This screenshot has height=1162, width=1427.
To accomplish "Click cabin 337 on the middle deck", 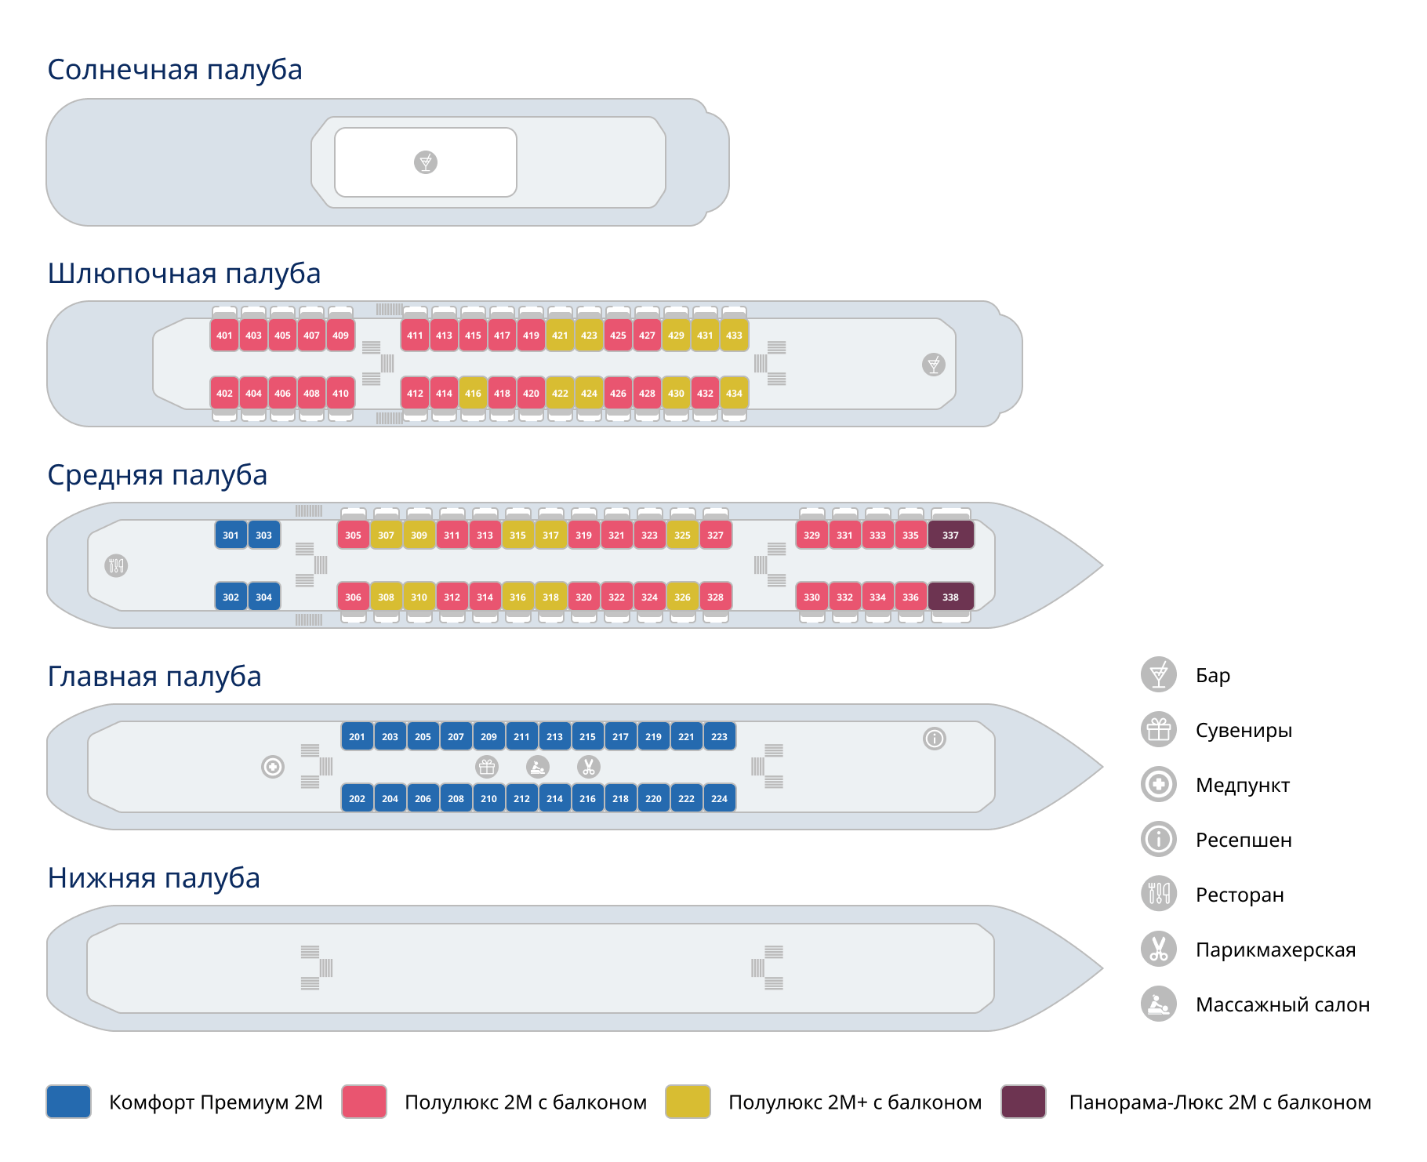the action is click(x=950, y=535).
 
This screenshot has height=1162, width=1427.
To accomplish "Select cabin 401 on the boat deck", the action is click(x=224, y=335).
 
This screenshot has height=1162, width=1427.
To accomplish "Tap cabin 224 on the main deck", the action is click(x=719, y=798).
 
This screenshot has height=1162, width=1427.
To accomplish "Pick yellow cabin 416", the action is click(x=473, y=393).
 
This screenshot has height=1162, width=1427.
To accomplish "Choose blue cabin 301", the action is click(x=231, y=535).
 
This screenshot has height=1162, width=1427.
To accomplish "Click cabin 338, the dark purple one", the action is click(x=950, y=597).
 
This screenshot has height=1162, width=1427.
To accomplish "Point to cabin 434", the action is click(x=734, y=393).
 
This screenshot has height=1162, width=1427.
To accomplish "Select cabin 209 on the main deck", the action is click(x=488, y=736).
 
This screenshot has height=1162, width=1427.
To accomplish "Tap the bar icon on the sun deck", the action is click(x=426, y=162).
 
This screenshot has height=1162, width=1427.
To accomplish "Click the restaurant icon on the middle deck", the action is click(x=116, y=565).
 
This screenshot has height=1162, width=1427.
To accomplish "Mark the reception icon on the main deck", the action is click(x=935, y=739).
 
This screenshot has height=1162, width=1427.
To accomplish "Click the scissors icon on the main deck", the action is click(x=589, y=767).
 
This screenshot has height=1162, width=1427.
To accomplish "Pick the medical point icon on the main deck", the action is click(x=273, y=767).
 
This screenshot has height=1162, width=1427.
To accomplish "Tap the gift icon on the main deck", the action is click(x=487, y=767).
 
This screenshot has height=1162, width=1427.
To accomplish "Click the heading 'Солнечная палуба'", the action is click(x=175, y=70).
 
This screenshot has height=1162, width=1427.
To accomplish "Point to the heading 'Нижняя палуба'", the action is click(x=154, y=878).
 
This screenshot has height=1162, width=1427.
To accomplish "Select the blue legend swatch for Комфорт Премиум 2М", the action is click(x=69, y=1102).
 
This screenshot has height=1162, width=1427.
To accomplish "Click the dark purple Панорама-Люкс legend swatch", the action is click(x=1024, y=1102).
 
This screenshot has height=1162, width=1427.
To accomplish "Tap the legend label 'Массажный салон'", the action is click(x=1283, y=1004).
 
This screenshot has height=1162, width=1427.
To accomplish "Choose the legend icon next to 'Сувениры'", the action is click(x=1159, y=730).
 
